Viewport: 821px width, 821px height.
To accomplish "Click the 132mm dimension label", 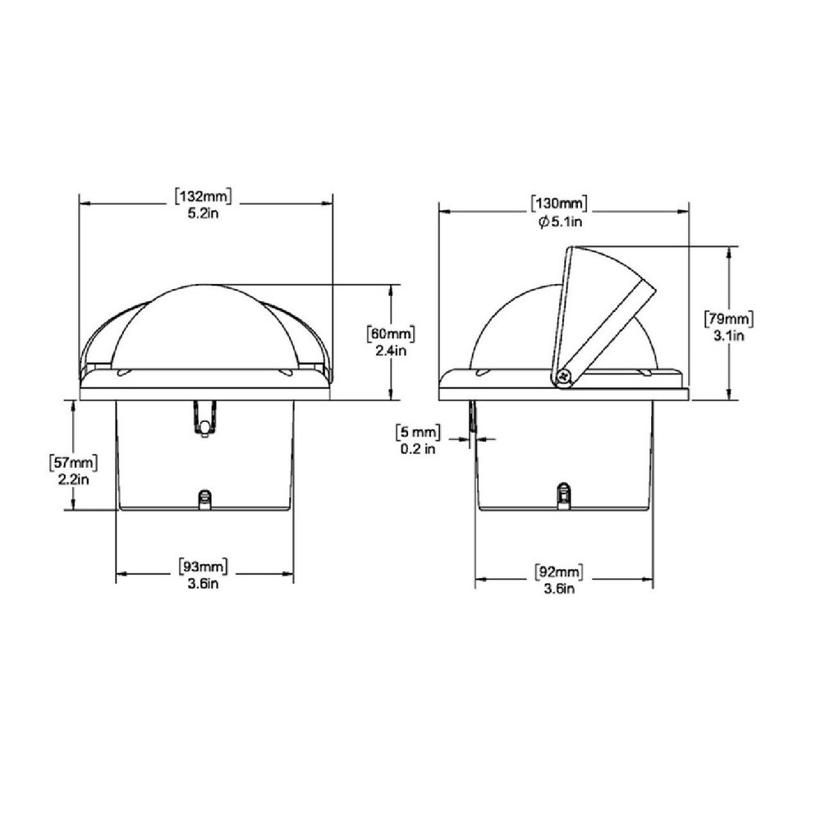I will pyautogui.click(x=204, y=197).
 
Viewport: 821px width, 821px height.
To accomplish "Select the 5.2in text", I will pyautogui.click(x=204, y=213).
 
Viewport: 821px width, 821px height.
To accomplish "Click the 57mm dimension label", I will pyautogui.click(x=73, y=463).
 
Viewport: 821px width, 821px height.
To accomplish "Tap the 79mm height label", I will pyautogui.click(x=729, y=319).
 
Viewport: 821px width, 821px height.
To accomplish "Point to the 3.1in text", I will pyautogui.click(x=729, y=335).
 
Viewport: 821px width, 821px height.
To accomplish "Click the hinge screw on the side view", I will pyautogui.click(x=563, y=377).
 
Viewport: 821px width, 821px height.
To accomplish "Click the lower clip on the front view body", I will pyautogui.click(x=204, y=498).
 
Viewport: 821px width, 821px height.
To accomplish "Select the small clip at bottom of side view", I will pyautogui.click(x=563, y=495).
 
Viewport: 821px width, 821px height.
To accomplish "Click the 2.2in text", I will pyautogui.click(x=73, y=479).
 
